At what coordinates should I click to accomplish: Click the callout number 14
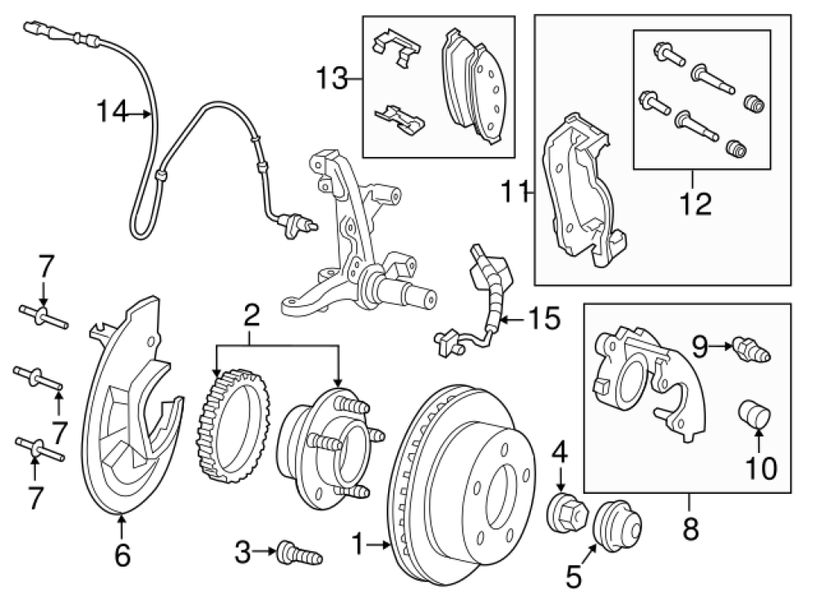pos(113,112)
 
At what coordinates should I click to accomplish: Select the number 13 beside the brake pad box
pos(333,79)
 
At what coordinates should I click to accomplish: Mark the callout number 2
pos(252,315)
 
